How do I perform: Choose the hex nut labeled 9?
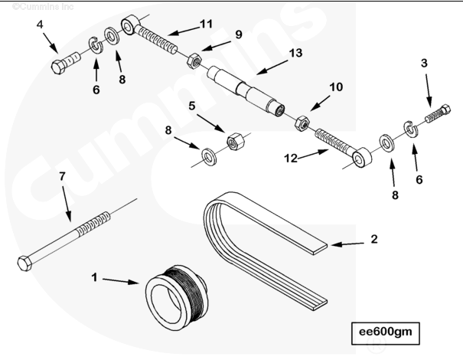194,57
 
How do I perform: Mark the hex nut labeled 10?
302,123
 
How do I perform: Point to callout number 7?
62,177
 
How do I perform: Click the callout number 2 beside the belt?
373,239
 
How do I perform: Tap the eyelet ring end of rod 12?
363,158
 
